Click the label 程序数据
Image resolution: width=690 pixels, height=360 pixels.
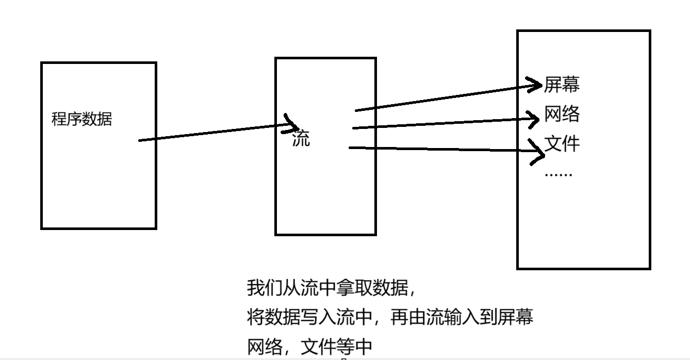pos(81,120)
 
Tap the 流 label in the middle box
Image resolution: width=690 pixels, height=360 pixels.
pos(301,139)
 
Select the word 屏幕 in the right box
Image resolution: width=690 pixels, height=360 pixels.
pos(562,85)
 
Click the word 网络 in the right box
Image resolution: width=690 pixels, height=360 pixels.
pos(562,114)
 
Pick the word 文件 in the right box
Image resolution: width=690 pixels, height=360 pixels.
pos(562,143)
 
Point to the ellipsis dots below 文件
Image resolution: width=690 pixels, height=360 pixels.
pos(558,174)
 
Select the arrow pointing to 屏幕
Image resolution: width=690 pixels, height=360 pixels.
pos(443,98)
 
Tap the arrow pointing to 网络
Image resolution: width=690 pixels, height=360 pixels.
pos(443,123)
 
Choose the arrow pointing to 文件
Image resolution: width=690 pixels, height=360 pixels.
pos(443,149)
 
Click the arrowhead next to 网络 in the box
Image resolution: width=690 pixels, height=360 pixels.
pos(536,118)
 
